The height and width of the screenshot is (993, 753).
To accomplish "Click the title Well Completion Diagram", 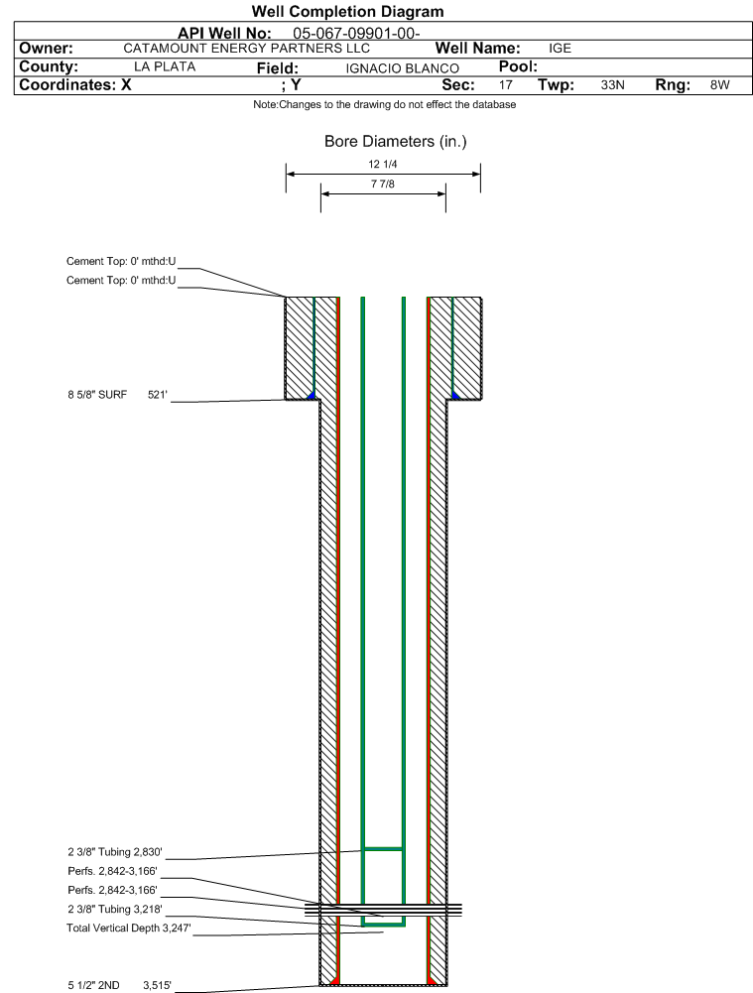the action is click(x=347, y=11).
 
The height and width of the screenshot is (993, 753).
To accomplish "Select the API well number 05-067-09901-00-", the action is click(x=356, y=34).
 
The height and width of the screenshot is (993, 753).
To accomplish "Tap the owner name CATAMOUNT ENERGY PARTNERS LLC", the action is click(x=246, y=49).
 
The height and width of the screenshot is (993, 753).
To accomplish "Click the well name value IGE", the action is click(x=560, y=49).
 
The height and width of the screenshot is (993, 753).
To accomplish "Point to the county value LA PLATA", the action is click(x=165, y=66).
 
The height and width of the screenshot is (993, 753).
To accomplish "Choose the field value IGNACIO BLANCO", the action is click(x=402, y=68).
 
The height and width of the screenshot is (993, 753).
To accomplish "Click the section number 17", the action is click(x=505, y=85).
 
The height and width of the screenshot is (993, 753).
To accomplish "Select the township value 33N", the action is click(x=612, y=85).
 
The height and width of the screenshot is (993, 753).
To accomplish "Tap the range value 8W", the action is click(x=719, y=85).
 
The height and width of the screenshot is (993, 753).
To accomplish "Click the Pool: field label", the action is click(x=518, y=66).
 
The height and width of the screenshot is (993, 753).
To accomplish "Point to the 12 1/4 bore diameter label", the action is click(x=383, y=164).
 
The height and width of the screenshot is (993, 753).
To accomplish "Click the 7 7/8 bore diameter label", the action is click(x=383, y=184).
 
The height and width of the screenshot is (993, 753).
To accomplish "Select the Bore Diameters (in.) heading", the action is click(x=395, y=141).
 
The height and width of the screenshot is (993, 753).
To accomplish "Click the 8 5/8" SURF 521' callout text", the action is click(x=118, y=395).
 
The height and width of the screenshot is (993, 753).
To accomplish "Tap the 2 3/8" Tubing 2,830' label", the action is click(x=115, y=852).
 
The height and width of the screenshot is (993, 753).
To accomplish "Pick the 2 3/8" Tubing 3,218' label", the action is click(x=115, y=909).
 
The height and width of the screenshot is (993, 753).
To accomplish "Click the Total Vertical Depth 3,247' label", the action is click(x=129, y=928).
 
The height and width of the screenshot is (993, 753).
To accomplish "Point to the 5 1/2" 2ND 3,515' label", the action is click(x=120, y=985).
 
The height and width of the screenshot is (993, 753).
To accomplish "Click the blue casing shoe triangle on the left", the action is click(x=311, y=396).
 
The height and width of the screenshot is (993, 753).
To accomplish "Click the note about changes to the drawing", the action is click(x=384, y=104).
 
